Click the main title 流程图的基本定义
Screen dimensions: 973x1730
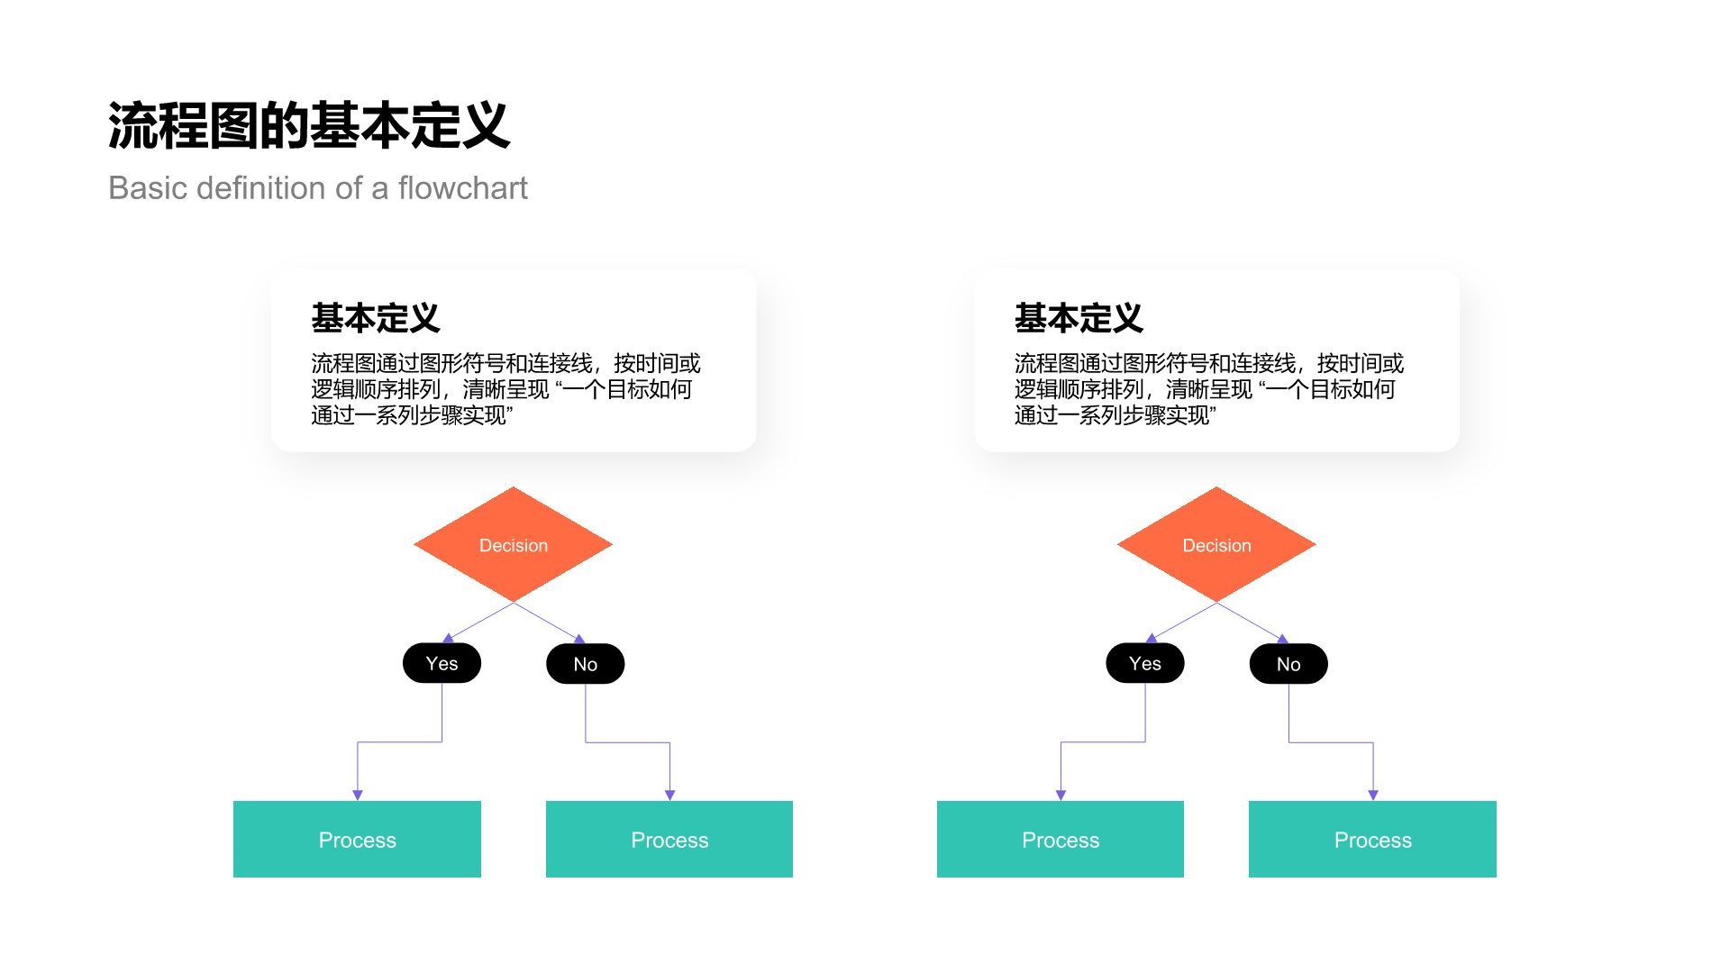309,125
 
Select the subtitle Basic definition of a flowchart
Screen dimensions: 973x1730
317,188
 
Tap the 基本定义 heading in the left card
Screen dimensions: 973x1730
375,318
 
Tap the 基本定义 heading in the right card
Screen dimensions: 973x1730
1078,318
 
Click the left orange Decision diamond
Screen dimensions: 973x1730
513,545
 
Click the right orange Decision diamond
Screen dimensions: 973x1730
1216,545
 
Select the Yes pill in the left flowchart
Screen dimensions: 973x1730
442,664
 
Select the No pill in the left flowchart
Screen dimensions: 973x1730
585,664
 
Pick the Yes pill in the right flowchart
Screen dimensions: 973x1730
1144,664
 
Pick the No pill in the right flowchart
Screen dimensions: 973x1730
1288,664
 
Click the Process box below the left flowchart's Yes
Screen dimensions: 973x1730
357,840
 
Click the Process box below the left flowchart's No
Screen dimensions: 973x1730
669,840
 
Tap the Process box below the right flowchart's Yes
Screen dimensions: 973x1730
1060,840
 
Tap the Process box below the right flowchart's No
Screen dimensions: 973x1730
1372,840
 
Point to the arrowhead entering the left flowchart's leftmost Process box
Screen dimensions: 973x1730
358,795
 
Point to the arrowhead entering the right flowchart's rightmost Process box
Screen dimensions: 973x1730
1373,795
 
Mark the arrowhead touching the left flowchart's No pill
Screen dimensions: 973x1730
579,639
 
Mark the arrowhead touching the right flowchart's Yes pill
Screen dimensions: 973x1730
1151,639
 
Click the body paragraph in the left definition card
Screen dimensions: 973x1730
505,389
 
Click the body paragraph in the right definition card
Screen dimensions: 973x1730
1207,389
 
